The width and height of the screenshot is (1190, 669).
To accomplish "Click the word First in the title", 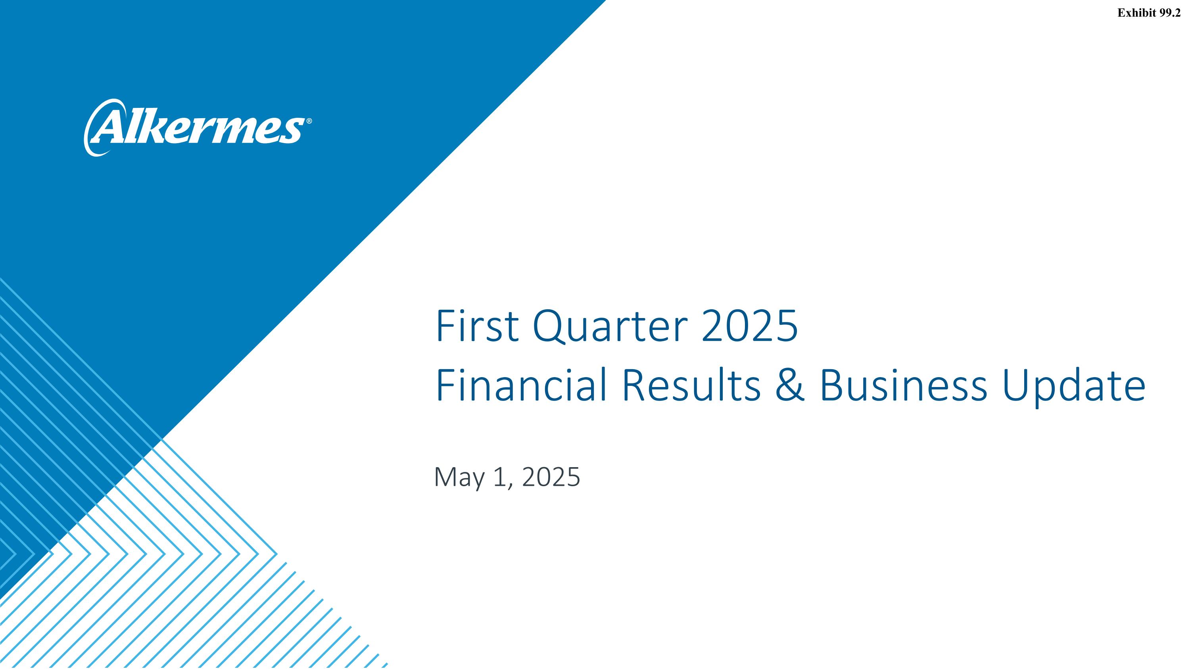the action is click(x=477, y=326).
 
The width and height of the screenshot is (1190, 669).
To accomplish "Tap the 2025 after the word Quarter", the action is click(x=749, y=326).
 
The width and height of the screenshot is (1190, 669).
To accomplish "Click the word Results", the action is click(x=691, y=385).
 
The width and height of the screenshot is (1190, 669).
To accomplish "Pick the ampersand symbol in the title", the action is click(x=790, y=385).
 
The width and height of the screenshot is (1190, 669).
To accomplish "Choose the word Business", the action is click(x=903, y=385).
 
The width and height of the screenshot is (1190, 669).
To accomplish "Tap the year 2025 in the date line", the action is click(x=551, y=477).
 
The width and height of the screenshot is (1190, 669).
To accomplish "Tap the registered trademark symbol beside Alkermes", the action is click(x=309, y=121).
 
